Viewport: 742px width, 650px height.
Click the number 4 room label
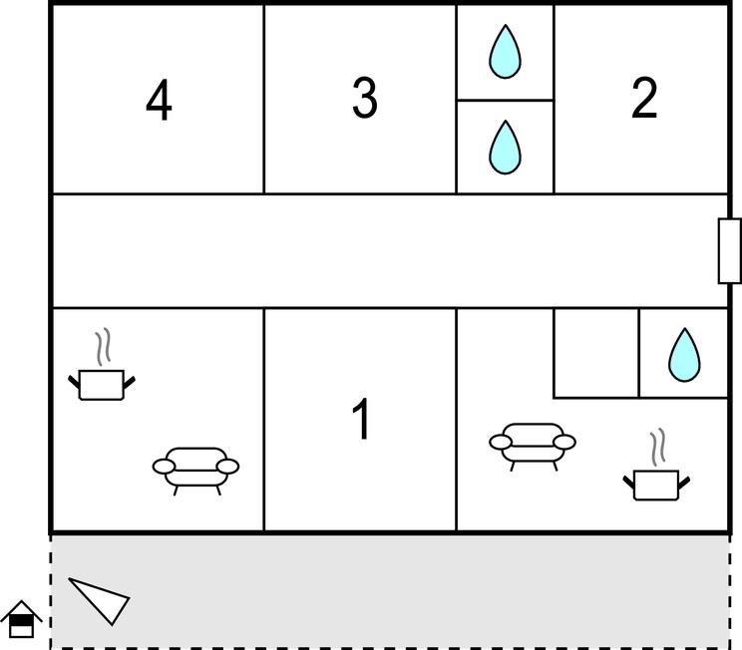(x=159, y=100)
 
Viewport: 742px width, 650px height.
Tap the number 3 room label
(x=365, y=98)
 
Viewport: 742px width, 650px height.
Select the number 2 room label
(x=644, y=98)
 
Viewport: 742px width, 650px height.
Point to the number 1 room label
(x=362, y=419)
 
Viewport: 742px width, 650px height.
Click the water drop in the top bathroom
(x=505, y=52)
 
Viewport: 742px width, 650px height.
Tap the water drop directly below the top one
(x=505, y=148)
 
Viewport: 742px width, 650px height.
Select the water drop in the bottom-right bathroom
(x=684, y=355)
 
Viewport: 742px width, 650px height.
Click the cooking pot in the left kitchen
(x=102, y=385)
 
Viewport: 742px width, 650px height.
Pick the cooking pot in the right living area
(x=656, y=485)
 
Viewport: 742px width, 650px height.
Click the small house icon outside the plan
(x=21, y=620)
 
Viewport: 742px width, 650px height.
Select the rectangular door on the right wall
(x=730, y=250)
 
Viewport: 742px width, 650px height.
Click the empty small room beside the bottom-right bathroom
(x=596, y=353)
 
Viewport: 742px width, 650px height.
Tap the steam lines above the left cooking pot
(x=103, y=347)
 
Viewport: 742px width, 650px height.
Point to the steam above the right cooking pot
(x=657, y=447)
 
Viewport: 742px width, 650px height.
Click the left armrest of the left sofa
(x=164, y=467)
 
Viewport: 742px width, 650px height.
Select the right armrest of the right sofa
(x=564, y=443)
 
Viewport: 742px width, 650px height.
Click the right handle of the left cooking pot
(x=130, y=382)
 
